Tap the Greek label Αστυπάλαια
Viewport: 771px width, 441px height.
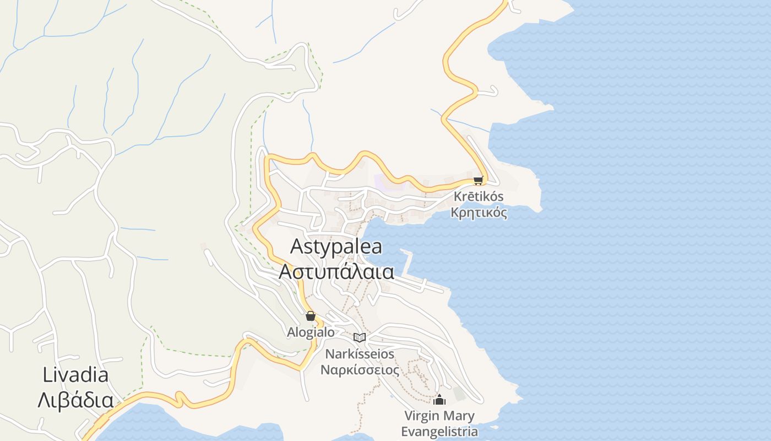pyautogui.click(x=336, y=272)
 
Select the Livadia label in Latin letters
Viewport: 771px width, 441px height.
pyautogui.click(x=75, y=375)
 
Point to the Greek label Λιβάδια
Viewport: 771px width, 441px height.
pyautogui.click(x=75, y=401)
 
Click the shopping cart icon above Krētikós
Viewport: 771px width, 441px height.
pyautogui.click(x=478, y=180)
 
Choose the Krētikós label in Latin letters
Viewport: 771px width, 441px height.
pyautogui.click(x=479, y=196)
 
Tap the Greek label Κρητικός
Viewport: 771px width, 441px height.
pyautogui.click(x=479, y=213)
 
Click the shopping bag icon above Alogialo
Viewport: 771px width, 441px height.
pyautogui.click(x=311, y=316)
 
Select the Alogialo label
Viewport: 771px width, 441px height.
pyautogui.click(x=311, y=332)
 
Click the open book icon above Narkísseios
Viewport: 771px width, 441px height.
pyautogui.click(x=360, y=337)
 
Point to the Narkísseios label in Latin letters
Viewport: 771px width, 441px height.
pyautogui.click(x=360, y=353)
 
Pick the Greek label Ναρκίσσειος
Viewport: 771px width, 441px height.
pyautogui.click(x=360, y=369)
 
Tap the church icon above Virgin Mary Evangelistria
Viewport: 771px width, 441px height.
pyautogui.click(x=439, y=400)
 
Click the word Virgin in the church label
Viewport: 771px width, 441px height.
pyautogui.click(x=422, y=416)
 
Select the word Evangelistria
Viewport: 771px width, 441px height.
pyautogui.click(x=439, y=432)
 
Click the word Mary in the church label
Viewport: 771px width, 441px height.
pyautogui.click(x=460, y=416)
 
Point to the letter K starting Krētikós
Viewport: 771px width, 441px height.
pyautogui.click(x=458, y=196)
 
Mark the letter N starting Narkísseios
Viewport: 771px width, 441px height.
pyautogui.click(x=329, y=353)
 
